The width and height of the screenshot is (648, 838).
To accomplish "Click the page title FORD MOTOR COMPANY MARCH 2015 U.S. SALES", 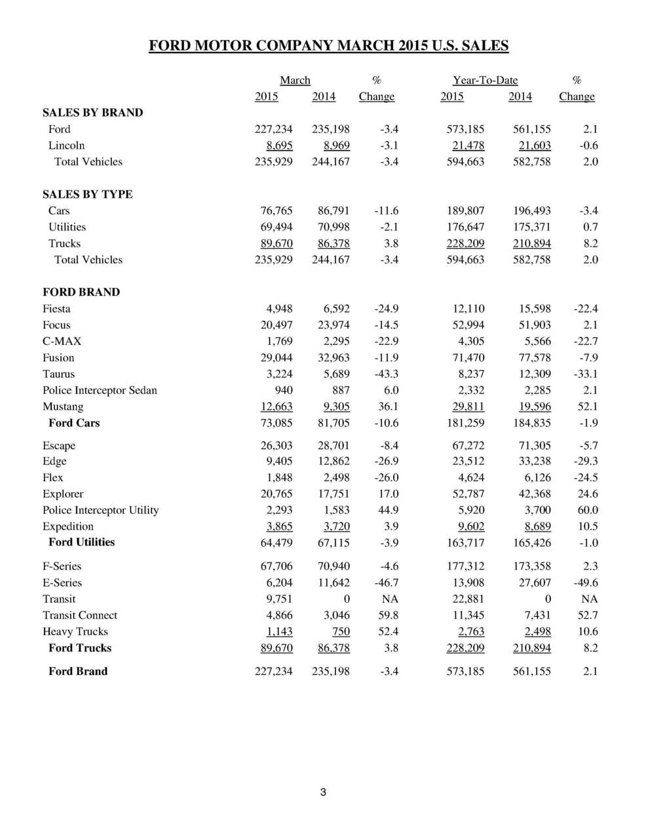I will pos(328,46).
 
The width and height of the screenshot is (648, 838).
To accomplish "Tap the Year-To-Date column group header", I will pos(485,81).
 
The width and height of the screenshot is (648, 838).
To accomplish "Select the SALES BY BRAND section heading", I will pos(92,113).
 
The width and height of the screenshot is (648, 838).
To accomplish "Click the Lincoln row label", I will pos(66,145).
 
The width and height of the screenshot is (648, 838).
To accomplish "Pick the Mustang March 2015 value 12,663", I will pos(276,407).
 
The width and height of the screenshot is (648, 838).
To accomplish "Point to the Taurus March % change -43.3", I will pos(385,374).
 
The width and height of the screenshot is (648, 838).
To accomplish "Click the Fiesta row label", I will pos(56,309).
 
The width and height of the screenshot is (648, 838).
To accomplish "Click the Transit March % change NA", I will pos(390,599).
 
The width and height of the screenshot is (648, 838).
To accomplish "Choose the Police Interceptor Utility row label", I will pos(100,510).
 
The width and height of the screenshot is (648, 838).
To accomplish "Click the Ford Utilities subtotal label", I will pos(81,542).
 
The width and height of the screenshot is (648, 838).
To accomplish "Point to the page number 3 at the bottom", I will pos(323,793).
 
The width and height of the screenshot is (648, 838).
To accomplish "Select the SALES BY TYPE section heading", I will pos(87,194).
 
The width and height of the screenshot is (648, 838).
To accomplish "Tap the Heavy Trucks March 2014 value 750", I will pos(341,632).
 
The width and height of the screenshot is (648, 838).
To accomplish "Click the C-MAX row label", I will pos(62,341).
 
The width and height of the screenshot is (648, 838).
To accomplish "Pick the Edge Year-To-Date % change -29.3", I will pos(584,461).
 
